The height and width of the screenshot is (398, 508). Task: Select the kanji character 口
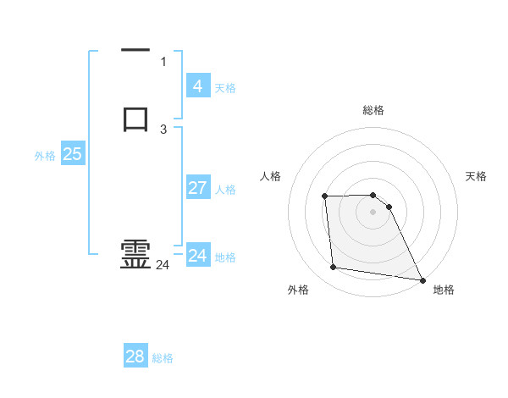click(135, 119)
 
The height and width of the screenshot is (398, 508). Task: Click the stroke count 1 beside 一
click(163, 61)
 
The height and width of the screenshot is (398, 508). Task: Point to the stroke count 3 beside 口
click(163, 129)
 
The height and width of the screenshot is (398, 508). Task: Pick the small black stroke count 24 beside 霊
click(163, 265)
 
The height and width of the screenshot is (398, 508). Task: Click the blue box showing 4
click(198, 86)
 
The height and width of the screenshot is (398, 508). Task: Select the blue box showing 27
click(198, 187)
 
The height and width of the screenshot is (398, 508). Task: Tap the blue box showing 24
click(198, 255)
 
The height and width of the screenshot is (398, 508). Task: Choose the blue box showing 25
click(72, 154)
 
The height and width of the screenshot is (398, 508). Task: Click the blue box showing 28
click(135, 357)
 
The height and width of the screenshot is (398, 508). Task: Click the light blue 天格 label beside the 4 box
click(225, 87)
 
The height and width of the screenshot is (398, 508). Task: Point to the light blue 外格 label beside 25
click(45, 156)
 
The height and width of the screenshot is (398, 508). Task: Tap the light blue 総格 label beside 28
click(163, 358)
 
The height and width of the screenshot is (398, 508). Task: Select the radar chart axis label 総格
click(373, 110)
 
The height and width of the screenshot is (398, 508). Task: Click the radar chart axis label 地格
click(444, 290)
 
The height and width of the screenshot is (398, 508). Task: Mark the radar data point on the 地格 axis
click(422, 279)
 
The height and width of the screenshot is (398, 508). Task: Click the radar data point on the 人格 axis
click(325, 196)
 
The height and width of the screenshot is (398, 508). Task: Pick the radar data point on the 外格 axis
click(334, 268)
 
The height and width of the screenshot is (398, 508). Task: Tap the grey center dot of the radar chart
click(373, 213)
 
